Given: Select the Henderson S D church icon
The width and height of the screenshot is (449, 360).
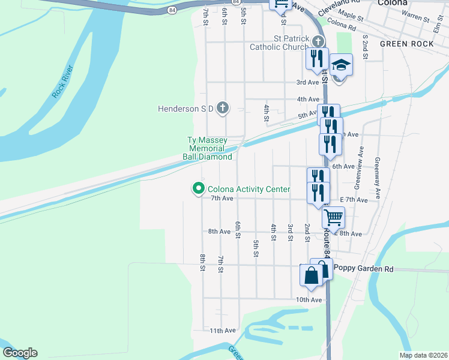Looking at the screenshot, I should pyautogui.click(x=222, y=108).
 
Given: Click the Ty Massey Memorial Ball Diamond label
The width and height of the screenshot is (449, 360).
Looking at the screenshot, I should pyautogui.click(x=207, y=149).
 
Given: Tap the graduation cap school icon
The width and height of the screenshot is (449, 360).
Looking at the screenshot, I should pyautogui.click(x=341, y=64).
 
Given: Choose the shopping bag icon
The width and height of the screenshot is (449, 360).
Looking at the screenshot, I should pyautogui.click(x=312, y=276).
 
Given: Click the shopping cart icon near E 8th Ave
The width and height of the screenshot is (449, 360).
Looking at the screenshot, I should pyautogui.click(x=333, y=217).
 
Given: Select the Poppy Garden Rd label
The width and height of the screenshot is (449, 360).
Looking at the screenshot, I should pyautogui.click(x=363, y=269).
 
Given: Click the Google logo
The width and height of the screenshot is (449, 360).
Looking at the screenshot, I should pyautogui.click(x=20, y=353).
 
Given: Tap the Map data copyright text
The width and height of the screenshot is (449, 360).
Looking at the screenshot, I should pyautogui.click(x=423, y=355).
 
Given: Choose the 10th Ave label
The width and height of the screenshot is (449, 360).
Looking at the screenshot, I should pyautogui.click(x=309, y=300).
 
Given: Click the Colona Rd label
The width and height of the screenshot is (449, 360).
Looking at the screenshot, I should pyautogui.click(x=342, y=26).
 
